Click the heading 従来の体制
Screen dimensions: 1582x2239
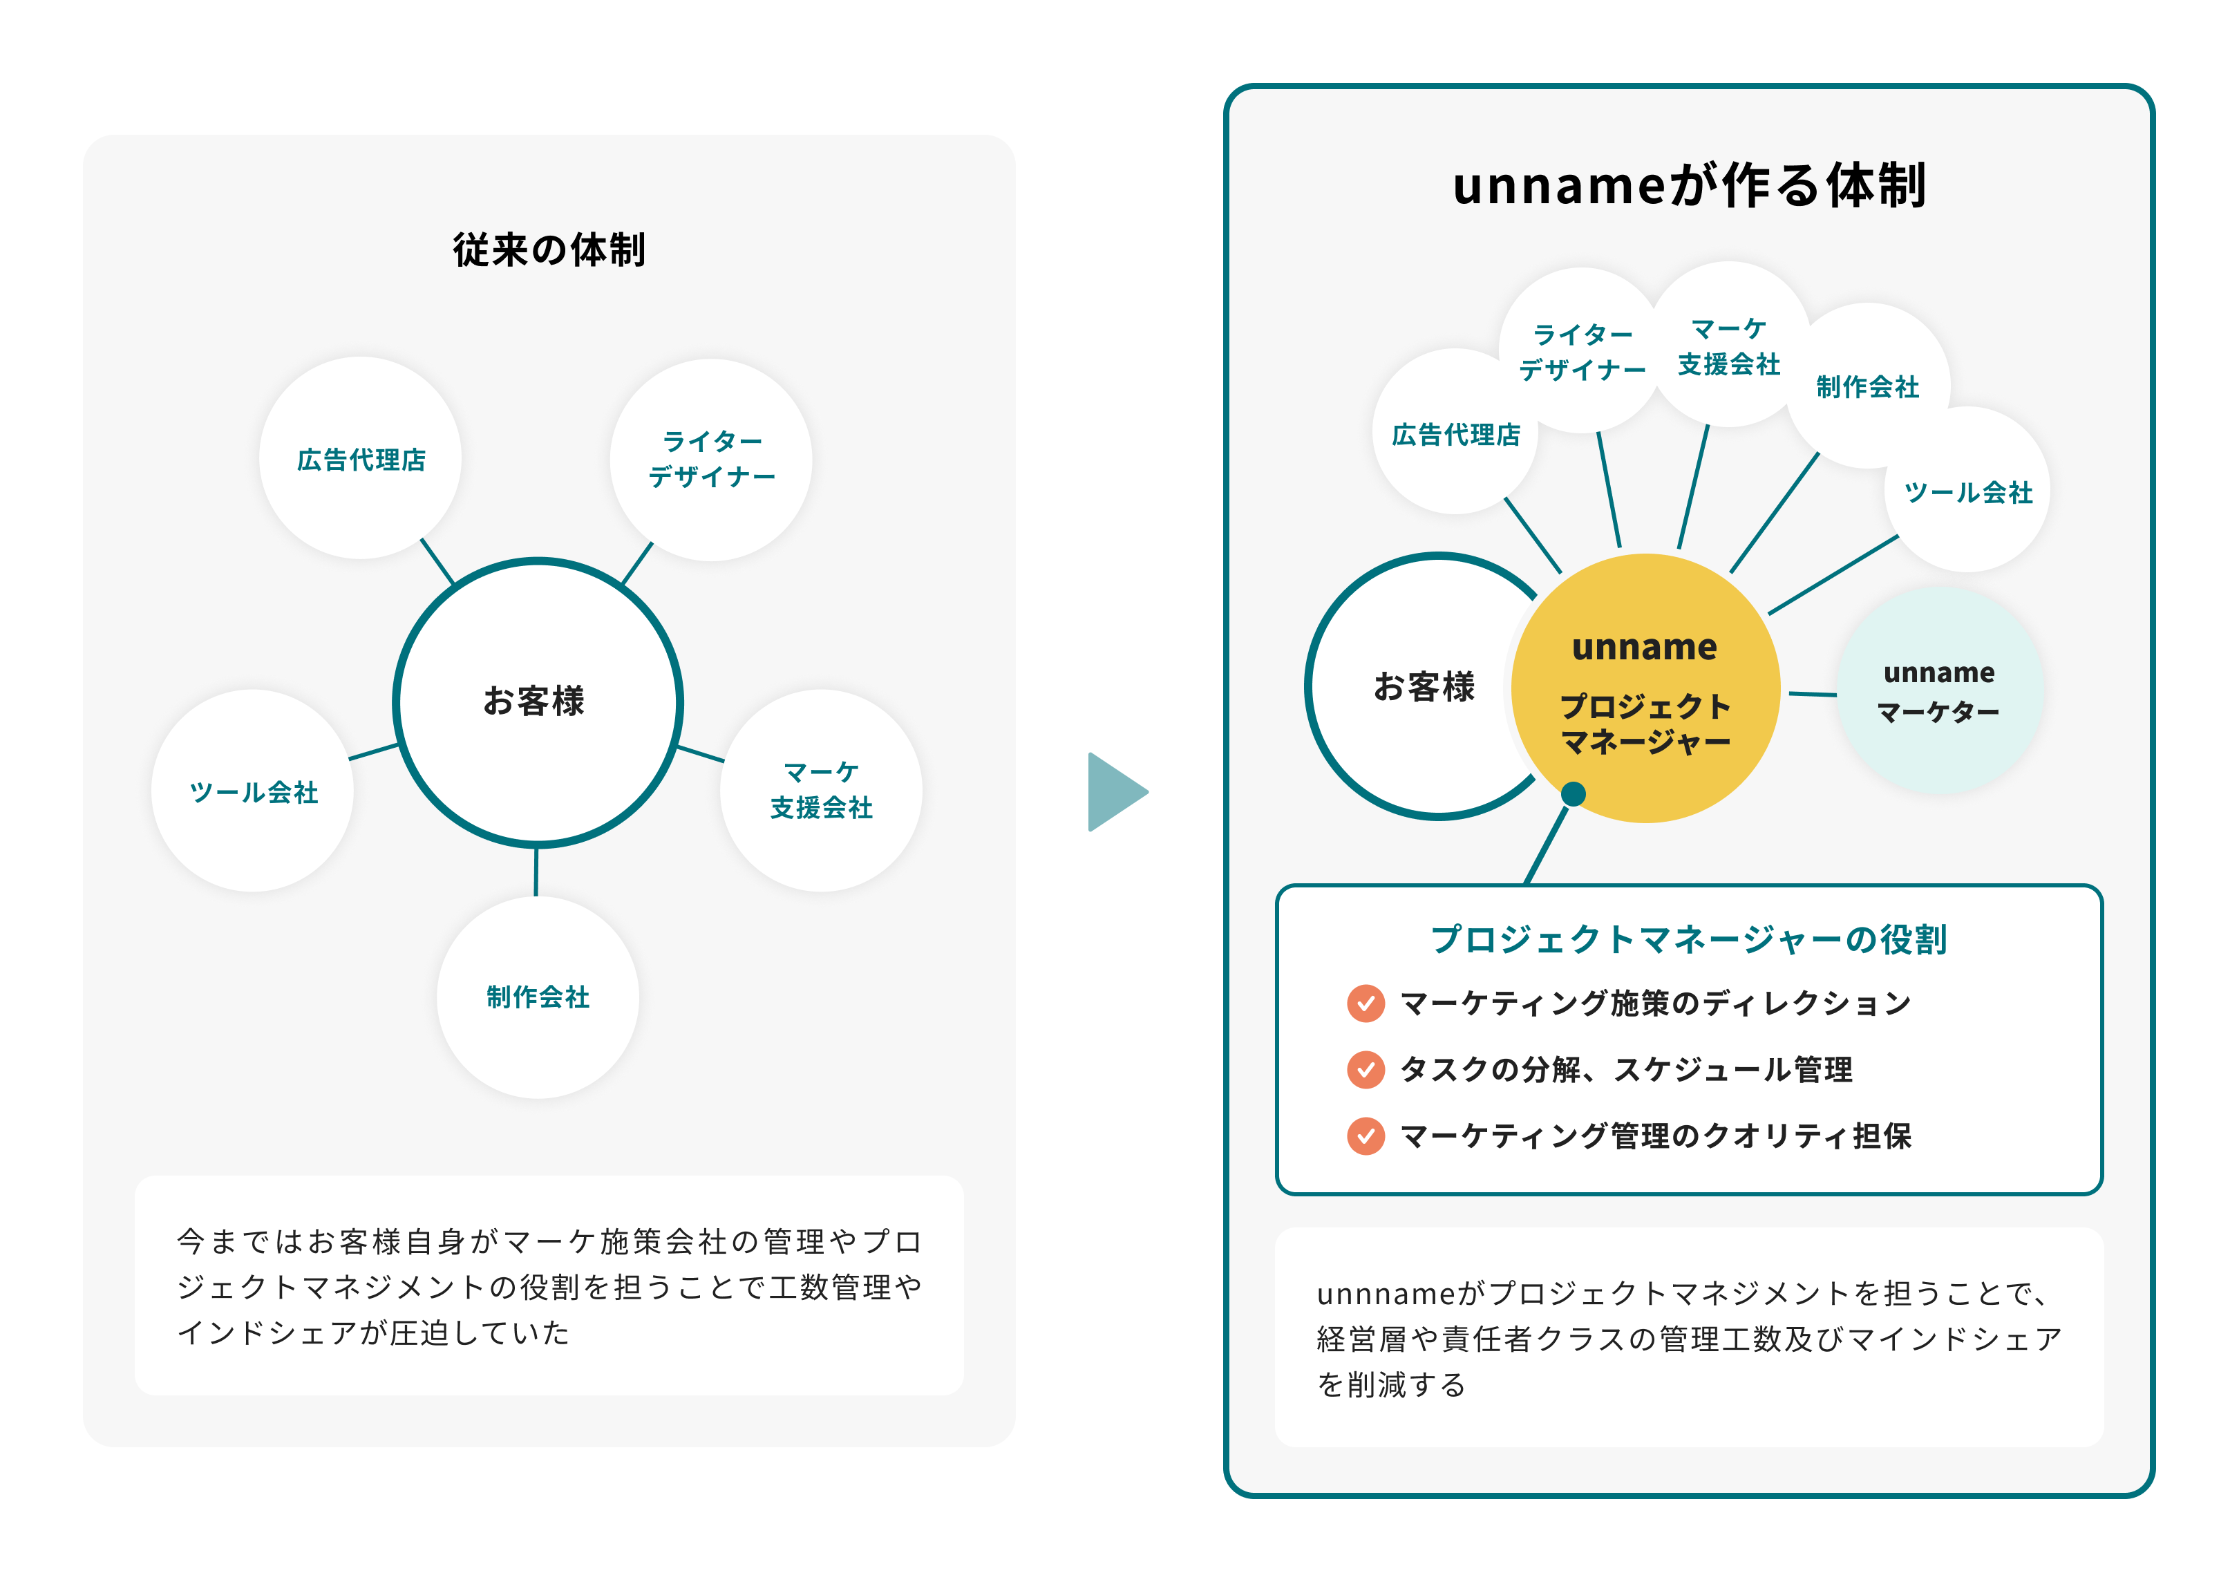click(549, 249)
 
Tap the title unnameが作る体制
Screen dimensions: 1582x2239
click(1688, 185)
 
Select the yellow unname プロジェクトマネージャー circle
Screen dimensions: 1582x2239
click(1645, 688)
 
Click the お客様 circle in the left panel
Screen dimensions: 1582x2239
click(538, 702)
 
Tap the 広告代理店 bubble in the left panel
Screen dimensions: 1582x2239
click(361, 458)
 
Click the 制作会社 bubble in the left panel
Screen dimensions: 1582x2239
click(538, 997)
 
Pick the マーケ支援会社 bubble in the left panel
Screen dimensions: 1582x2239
click(821, 790)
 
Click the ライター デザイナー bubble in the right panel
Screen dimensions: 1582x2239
click(1582, 351)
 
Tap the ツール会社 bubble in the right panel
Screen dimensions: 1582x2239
click(1968, 491)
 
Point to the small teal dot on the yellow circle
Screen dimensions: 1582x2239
click(1573, 794)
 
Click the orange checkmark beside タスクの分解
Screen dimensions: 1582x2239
click(1366, 1069)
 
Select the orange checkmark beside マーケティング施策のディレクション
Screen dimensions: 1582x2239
click(1366, 1003)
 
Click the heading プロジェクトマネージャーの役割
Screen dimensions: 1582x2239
click(1688, 939)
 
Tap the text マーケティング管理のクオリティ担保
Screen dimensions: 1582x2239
click(1655, 1136)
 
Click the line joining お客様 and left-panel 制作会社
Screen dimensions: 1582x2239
click(536, 871)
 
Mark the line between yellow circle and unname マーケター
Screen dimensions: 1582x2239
click(1812, 695)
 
